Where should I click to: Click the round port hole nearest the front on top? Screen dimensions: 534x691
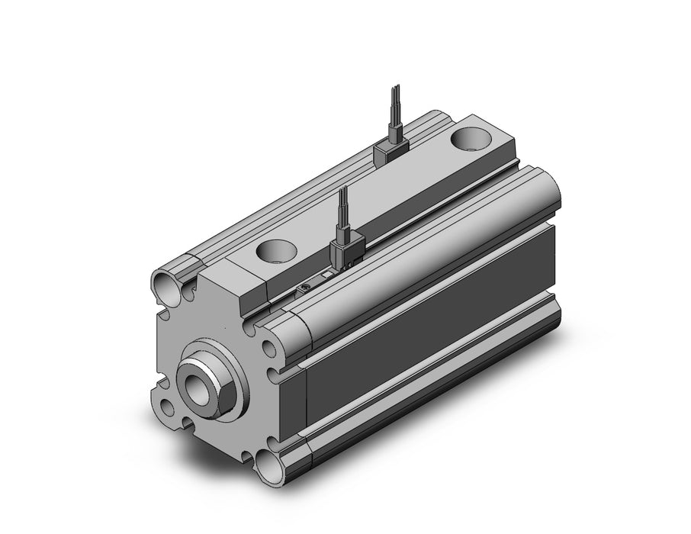click(275, 251)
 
